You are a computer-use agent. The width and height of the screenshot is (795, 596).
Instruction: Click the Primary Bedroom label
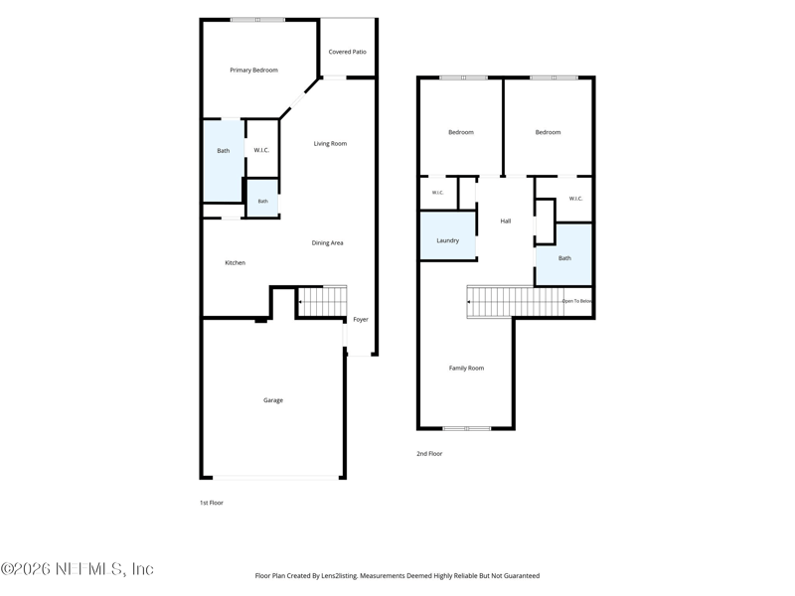pyautogui.click(x=253, y=70)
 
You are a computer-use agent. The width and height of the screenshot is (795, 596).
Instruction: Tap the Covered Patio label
pyautogui.click(x=347, y=52)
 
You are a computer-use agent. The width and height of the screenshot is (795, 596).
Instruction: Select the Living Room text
pyautogui.click(x=330, y=143)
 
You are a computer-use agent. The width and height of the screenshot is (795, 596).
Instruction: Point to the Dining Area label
pyautogui.click(x=327, y=242)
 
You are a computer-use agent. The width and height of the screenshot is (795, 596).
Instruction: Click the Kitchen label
pyautogui.click(x=235, y=262)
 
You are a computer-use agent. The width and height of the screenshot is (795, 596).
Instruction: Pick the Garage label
pyautogui.click(x=272, y=400)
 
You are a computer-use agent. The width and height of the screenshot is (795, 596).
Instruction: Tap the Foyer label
pyautogui.click(x=361, y=319)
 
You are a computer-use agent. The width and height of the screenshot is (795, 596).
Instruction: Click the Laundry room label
pyautogui.click(x=448, y=240)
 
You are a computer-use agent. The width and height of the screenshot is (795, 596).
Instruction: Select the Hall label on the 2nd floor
pyautogui.click(x=506, y=221)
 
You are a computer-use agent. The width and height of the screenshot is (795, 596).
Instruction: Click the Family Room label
pyautogui.click(x=466, y=368)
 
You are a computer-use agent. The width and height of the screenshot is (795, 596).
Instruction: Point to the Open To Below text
pyautogui.click(x=576, y=301)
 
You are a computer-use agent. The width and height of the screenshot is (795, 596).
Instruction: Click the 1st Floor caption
pyautogui.click(x=212, y=503)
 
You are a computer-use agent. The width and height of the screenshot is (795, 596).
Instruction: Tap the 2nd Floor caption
pyautogui.click(x=429, y=454)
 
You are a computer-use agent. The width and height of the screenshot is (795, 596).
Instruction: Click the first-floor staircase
pyautogui.click(x=321, y=302)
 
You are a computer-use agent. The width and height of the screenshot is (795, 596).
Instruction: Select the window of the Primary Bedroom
pyautogui.click(x=257, y=20)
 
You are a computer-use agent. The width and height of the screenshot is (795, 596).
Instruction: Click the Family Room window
pyautogui.click(x=466, y=429)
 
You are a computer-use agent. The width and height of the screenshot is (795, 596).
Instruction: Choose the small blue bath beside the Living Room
pyautogui.click(x=262, y=198)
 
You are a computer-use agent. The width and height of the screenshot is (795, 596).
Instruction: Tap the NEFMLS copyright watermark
pyautogui.click(x=78, y=569)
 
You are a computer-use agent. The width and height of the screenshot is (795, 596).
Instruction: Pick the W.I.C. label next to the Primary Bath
pyautogui.click(x=261, y=150)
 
